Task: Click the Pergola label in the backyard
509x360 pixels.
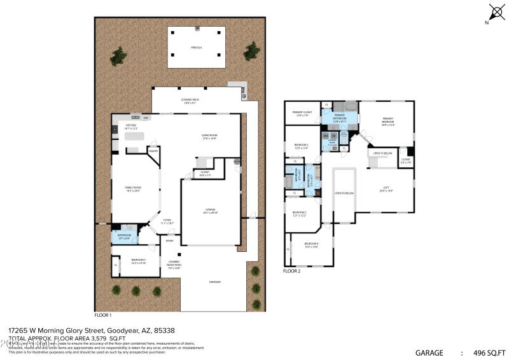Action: [196, 48]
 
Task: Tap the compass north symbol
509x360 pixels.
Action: [496, 13]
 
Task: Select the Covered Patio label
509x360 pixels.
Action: [190, 100]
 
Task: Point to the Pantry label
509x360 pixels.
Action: [153, 151]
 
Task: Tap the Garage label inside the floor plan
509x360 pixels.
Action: [210, 211]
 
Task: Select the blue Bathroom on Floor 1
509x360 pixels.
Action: [123, 237]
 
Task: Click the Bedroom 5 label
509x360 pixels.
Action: [139, 261]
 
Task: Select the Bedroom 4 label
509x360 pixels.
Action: [311, 245]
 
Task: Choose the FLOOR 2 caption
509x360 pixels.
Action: [292, 271]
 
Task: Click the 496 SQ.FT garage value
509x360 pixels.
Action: [489, 352]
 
